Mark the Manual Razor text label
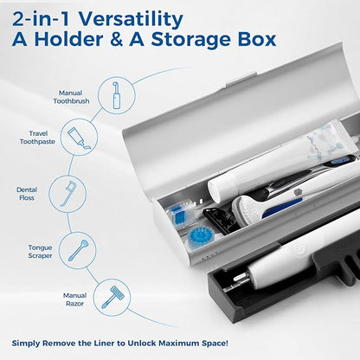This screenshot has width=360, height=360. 74,299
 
